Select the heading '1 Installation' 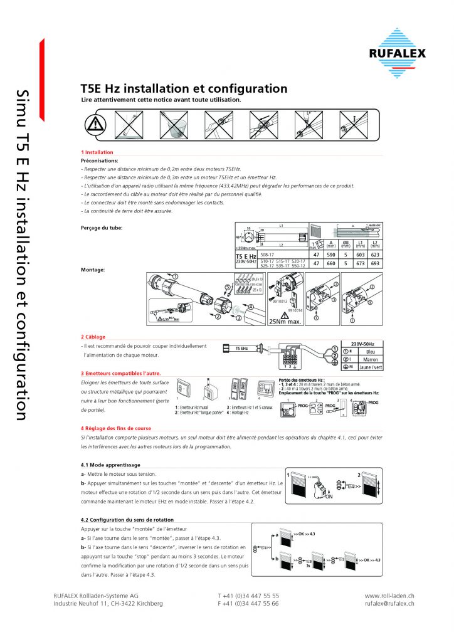(97, 152)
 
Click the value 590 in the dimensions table (332, 256)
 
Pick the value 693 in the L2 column (376, 264)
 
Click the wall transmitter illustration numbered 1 (183, 389)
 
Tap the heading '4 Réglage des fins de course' (116, 428)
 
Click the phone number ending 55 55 (248, 595)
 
